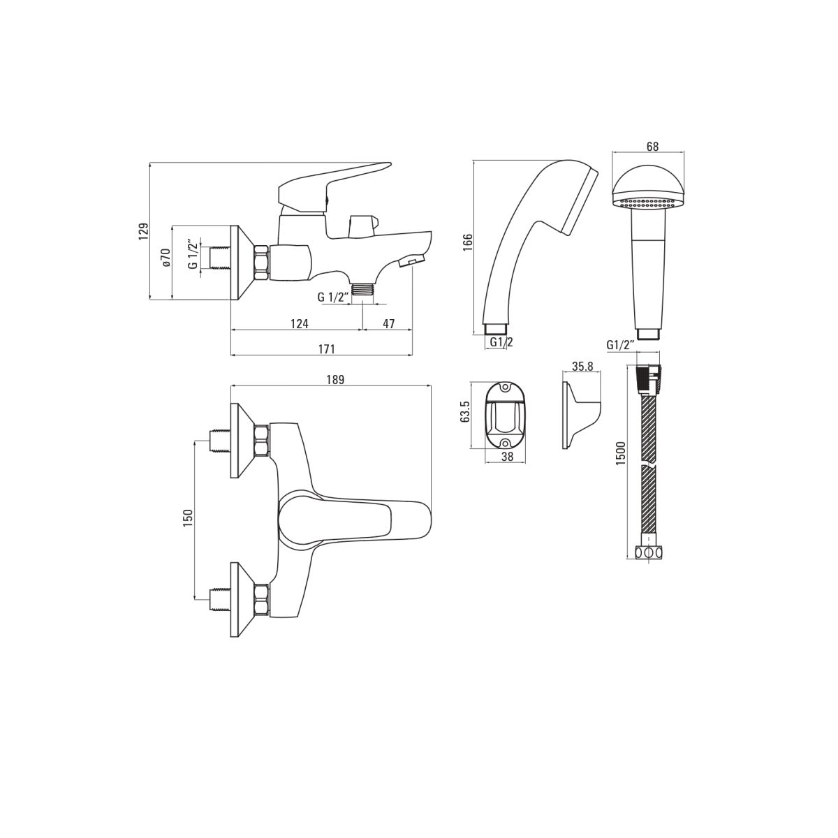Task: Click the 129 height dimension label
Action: tap(144, 231)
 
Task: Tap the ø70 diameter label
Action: tap(165, 258)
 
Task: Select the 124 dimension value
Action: tap(299, 323)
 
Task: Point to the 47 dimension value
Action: tap(389, 323)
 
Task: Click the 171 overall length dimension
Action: tap(327, 349)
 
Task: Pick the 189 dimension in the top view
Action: tap(335, 380)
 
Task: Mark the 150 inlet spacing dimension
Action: tap(187, 518)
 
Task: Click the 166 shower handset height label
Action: tap(467, 242)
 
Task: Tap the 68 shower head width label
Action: tap(652, 147)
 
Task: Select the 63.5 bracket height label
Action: tap(464, 411)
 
